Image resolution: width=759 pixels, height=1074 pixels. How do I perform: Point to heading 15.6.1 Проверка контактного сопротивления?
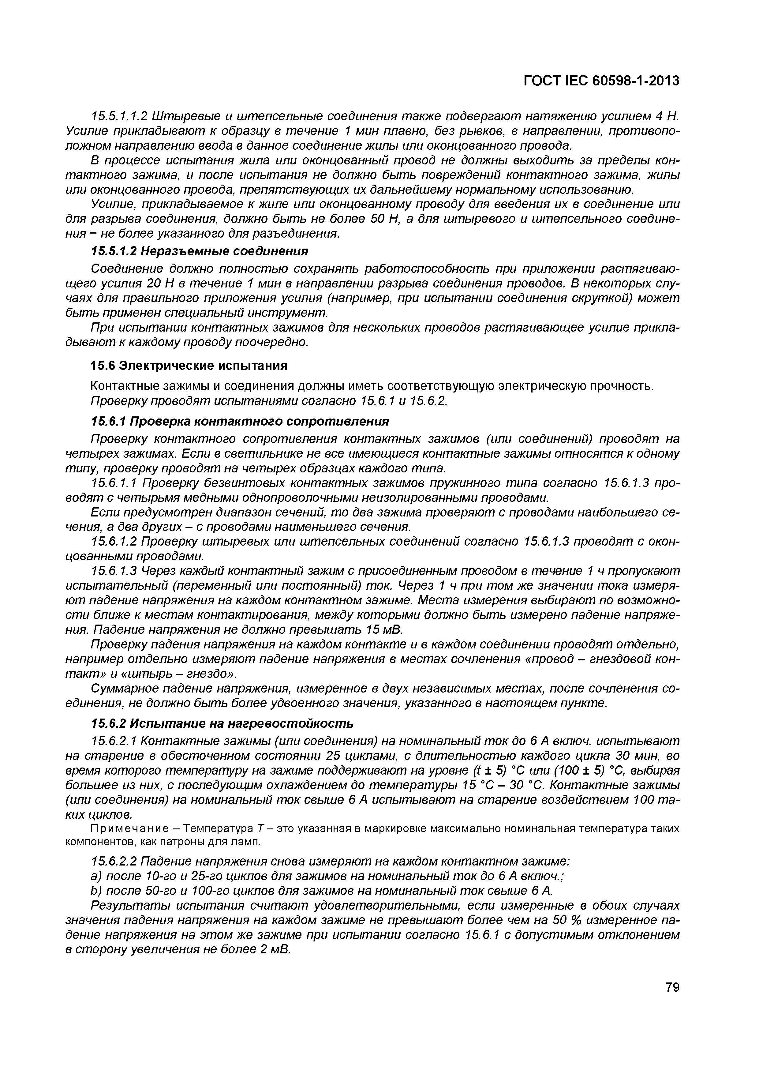click(x=239, y=422)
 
